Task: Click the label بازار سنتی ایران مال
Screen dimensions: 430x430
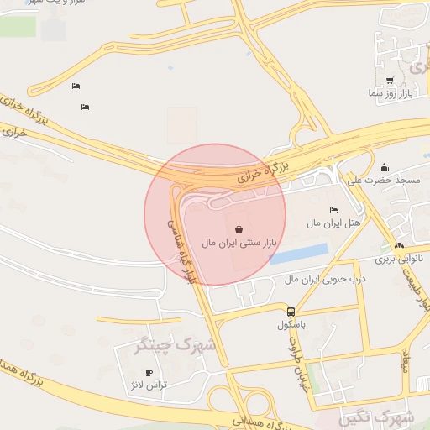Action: click(239, 243)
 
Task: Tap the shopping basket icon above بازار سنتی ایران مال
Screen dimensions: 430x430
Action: click(239, 228)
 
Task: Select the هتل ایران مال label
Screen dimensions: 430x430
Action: click(333, 223)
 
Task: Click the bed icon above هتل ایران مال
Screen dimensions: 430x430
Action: click(333, 210)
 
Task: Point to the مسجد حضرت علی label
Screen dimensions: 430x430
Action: click(385, 181)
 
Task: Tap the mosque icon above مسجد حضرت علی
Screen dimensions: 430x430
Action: click(385, 167)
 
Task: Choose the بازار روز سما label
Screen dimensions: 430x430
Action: click(390, 94)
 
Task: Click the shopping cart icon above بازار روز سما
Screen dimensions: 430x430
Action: click(390, 81)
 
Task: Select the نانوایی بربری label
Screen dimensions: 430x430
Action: click(397, 260)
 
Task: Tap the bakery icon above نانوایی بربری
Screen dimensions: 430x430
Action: click(399, 246)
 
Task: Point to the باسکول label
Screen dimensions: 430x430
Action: click(291, 324)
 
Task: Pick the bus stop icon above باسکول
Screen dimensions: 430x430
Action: click(291, 311)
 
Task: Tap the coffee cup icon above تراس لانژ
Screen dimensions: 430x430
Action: click(149, 371)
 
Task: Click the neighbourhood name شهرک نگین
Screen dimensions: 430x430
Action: click(377, 417)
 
